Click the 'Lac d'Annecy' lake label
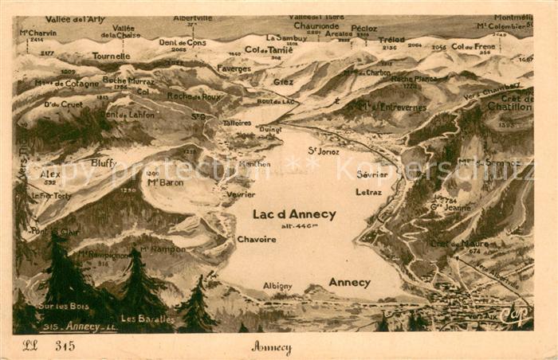coord(294,214)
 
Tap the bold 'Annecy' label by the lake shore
coord(349,283)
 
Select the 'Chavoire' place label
coord(257,239)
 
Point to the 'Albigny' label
coord(277,286)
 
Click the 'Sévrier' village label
coord(371,174)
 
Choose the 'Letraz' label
coord(368,192)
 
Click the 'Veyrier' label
coord(241,194)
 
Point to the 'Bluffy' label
coord(104,162)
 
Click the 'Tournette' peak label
coord(111,57)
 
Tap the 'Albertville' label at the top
coord(192,18)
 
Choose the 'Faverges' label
coord(234,68)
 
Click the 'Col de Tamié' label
coord(268,49)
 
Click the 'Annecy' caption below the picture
coord(271,347)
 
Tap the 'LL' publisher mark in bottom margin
coord(29,346)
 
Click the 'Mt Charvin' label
coord(37,33)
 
